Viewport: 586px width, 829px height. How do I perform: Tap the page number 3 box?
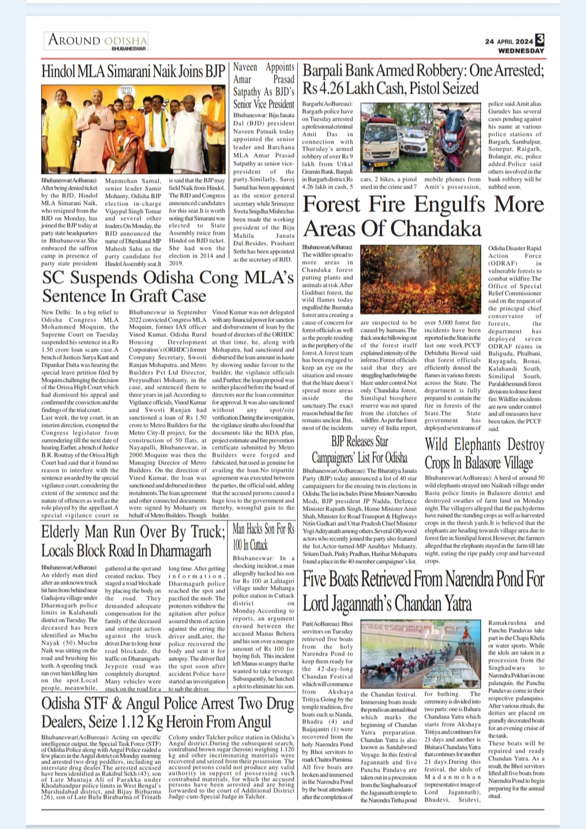[539, 39]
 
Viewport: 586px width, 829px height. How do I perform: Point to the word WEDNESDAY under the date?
[521, 50]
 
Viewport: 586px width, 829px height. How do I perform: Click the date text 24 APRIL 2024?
[509, 41]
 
